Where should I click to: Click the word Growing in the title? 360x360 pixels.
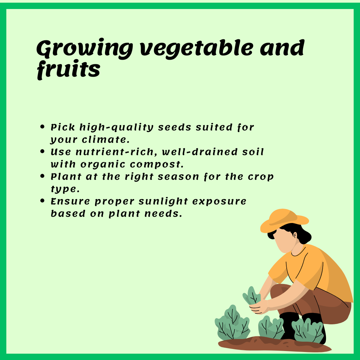[84, 49]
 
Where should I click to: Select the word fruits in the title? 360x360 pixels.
[68, 70]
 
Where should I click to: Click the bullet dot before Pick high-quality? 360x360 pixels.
[42, 127]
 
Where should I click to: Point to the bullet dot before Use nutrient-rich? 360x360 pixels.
[42, 152]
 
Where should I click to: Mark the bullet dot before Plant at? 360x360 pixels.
[42, 176]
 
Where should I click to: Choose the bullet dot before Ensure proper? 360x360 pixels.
[42, 201]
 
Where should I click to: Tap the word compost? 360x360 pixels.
[157, 164]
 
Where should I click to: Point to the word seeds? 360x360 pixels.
[175, 127]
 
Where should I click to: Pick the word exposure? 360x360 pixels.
[219, 202]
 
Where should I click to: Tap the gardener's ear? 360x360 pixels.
[295, 235]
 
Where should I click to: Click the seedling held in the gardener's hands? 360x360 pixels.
[252, 296]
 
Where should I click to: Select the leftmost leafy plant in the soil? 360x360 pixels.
[232, 323]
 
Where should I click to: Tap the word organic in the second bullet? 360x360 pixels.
[103, 165]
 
